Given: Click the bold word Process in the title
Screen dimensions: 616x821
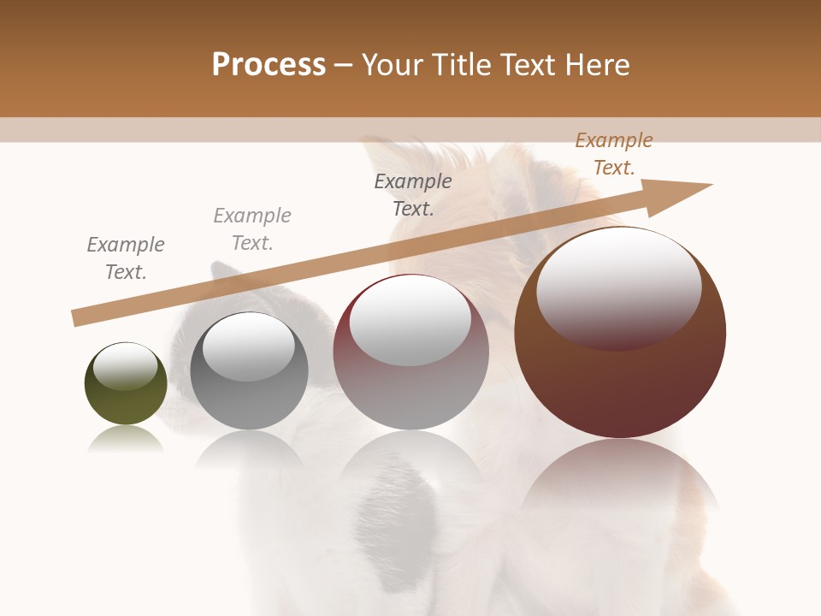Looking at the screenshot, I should coord(269,65).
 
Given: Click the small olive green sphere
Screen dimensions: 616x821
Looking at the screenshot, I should coord(126,402).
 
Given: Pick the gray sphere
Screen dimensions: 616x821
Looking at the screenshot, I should coord(249,402).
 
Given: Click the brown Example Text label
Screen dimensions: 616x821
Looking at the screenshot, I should coord(613,154).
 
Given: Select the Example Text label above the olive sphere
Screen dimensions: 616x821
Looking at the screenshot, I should coord(126,258).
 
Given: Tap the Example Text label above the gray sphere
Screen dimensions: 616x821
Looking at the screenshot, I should coord(252,228).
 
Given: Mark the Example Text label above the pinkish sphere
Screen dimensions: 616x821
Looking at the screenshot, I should coord(413,194).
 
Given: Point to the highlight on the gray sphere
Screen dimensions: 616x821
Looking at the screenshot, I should coord(248,344).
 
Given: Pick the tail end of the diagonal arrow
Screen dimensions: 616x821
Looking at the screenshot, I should coord(79,317).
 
